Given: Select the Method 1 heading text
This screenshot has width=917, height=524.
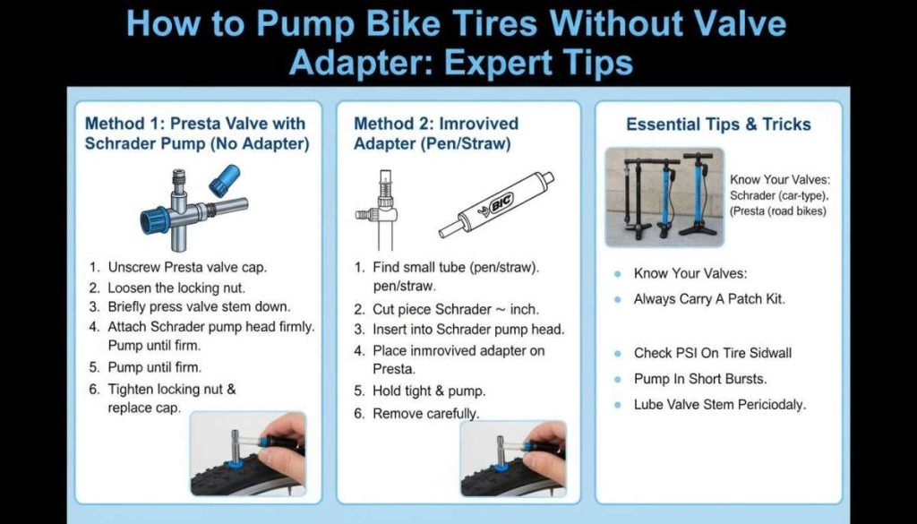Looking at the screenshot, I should click(194, 133).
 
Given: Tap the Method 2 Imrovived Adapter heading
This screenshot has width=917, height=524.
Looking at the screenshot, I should click(436, 133).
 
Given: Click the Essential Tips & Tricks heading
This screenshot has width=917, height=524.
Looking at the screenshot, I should click(718, 125).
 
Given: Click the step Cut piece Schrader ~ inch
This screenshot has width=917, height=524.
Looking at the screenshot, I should click(456, 309).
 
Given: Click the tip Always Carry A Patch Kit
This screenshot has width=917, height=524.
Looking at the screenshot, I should click(709, 299).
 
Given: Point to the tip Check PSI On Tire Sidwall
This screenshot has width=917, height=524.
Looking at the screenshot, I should click(713, 353).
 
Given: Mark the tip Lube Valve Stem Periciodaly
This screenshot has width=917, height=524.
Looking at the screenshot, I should click(720, 404).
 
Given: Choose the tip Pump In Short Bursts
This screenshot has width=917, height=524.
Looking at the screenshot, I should click(699, 378).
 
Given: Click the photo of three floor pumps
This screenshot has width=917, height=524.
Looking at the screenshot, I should click(664, 197).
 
